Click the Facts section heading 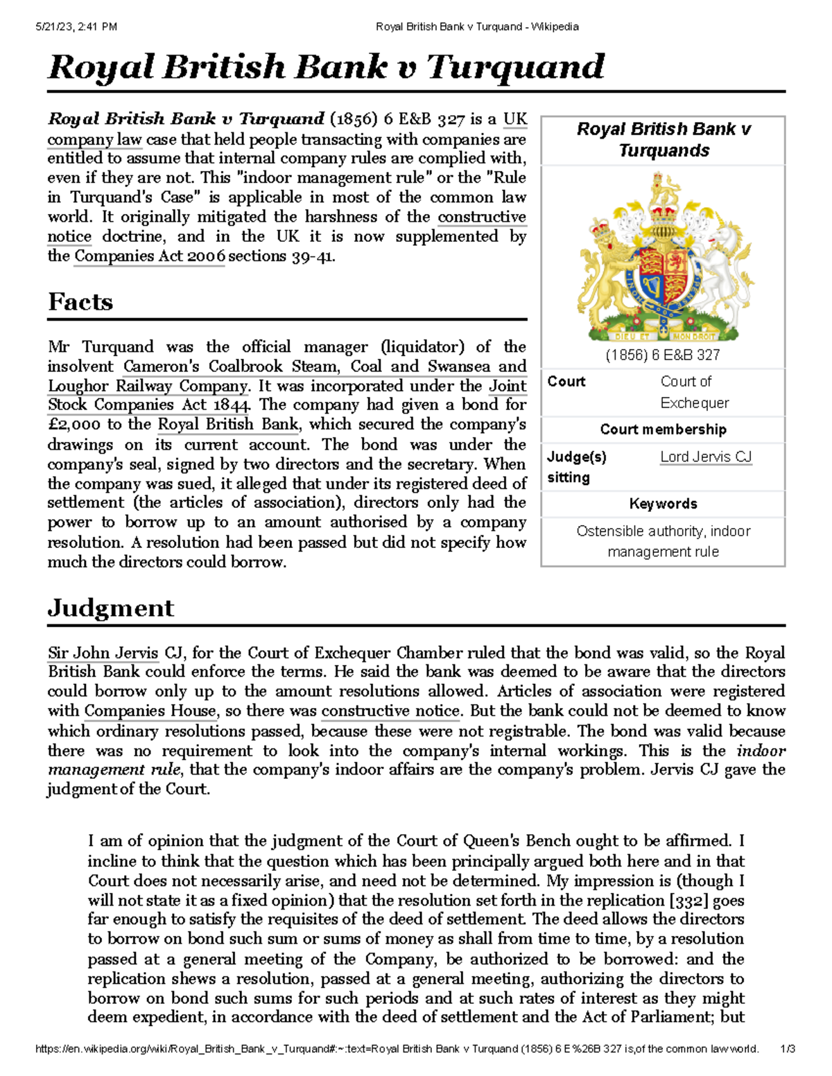click(x=80, y=302)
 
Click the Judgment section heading click(x=110, y=608)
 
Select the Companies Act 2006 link click(x=149, y=256)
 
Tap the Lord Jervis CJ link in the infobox click(x=705, y=457)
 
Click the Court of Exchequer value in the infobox click(x=694, y=392)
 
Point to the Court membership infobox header click(x=663, y=430)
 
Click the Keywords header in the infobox click(x=663, y=504)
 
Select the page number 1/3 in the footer click(x=787, y=1049)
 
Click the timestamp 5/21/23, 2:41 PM click(x=76, y=27)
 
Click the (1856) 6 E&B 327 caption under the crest click(x=662, y=355)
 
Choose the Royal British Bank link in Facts click(x=228, y=425)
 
